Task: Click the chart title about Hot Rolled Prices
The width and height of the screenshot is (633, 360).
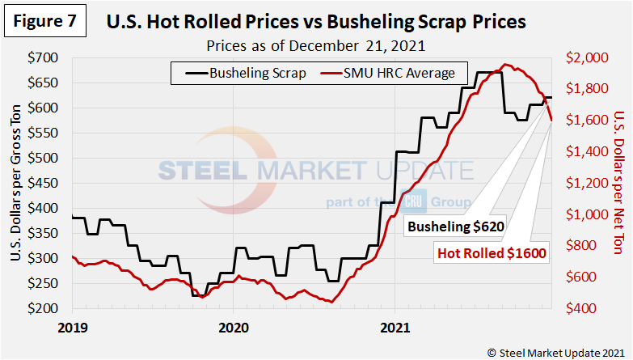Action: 316,21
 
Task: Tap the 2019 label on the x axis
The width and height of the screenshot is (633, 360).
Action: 71,330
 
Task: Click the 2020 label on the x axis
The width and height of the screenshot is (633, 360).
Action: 233,330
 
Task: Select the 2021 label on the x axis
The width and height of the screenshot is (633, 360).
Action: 395,330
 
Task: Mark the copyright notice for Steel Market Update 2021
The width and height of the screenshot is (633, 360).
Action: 555,352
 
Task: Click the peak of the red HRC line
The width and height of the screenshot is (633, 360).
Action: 507,65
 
